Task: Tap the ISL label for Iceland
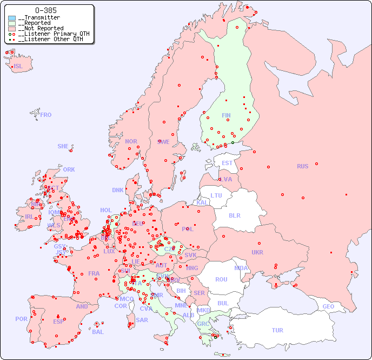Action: click(x=18, y=67)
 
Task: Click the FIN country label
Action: click(x=226, y=115)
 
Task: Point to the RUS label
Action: click(x=302, y=166)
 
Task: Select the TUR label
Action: click(x=277, y=330)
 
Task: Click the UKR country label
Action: click(x=257, y=252)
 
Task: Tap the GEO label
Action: click(x=328, y=306)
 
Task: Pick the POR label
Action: click(x=21, y=319)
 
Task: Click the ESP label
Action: click(x=58, y=321)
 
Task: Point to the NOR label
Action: click(x=131, y=141)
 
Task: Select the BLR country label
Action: click(x=235, y=215)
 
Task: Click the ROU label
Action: click(x=221, y=279)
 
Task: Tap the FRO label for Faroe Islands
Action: click(x=46, y=115)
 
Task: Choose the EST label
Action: click(x=227, y=163)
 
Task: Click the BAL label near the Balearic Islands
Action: click(x=98, y=332)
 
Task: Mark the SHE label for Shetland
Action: click(x=63, y=146)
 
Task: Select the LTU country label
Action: click(x=216, y=195)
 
